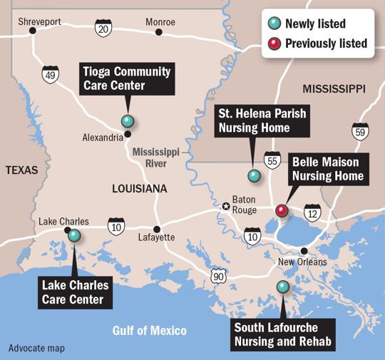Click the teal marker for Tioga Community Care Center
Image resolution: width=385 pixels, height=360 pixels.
tap(128, 120)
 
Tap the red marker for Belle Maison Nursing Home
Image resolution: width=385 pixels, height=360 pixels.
tap(282, 210)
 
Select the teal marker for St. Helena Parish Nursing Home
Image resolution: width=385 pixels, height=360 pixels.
tap(253, 175)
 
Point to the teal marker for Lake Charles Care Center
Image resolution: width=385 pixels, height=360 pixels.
tap(74, 235)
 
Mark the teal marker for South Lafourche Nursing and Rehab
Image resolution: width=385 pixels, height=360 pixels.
tap(283, 287)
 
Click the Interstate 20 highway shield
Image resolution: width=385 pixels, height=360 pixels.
tap(103, 29)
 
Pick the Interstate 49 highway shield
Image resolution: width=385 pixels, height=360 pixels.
tap(49, 73)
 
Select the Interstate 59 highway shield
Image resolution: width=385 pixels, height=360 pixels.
tap(361, 132)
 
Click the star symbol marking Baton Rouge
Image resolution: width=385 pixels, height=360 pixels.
tap(226, 207)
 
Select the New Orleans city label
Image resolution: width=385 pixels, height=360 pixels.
tap(302, 262)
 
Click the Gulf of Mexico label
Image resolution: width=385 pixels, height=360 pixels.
tap(149, 330)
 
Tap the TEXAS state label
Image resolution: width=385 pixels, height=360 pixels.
tap(21, 170)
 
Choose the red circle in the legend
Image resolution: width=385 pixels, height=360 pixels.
tap(274, 43)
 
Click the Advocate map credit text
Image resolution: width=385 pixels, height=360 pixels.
tap(36, 349)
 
